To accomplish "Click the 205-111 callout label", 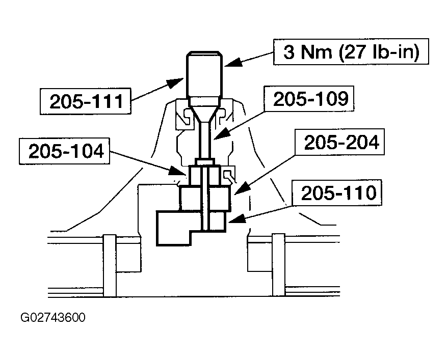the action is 86,101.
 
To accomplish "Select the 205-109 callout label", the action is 310,98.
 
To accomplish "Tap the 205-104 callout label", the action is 65,151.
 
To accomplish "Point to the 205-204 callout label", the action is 340,142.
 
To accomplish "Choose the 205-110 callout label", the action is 337,192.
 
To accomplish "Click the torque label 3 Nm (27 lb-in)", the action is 351,51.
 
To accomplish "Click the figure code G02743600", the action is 53,317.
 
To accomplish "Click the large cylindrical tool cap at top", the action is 204,75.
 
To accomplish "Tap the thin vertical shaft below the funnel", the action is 205,140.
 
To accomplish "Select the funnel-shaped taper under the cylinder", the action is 205,110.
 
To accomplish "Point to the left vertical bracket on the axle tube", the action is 110,265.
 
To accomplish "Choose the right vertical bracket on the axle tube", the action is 279,265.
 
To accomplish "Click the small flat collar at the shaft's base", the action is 204,162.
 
